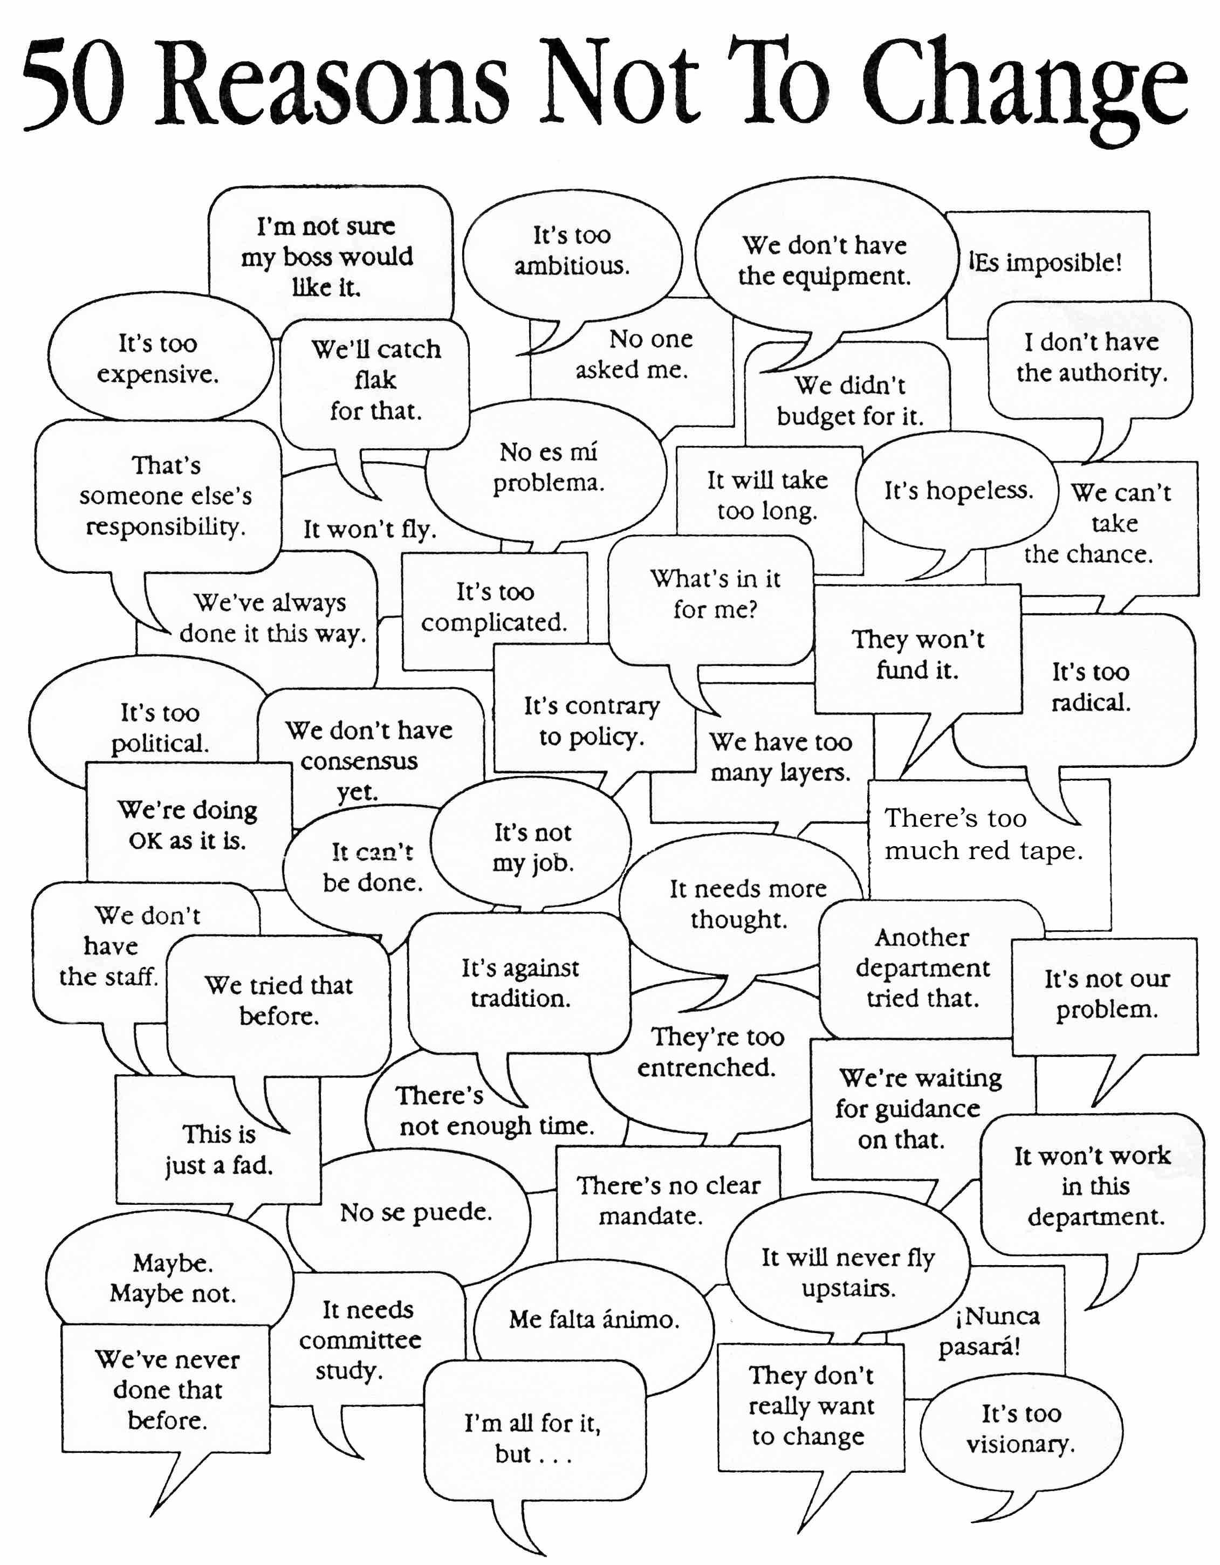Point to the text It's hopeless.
[x=958, y=491]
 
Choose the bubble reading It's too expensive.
[x=160, y=356]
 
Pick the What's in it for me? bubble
[x=710, y=600]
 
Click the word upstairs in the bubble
[x=849, y=1288]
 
